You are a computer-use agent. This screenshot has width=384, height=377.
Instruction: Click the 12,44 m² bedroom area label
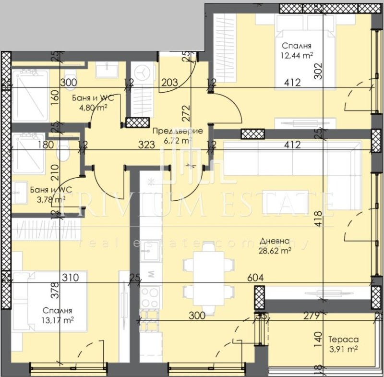pos(298,55)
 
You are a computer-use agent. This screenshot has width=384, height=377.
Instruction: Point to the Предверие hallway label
pos(177,131)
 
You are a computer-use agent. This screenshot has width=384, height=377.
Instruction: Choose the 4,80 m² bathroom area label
pos(93,107)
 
